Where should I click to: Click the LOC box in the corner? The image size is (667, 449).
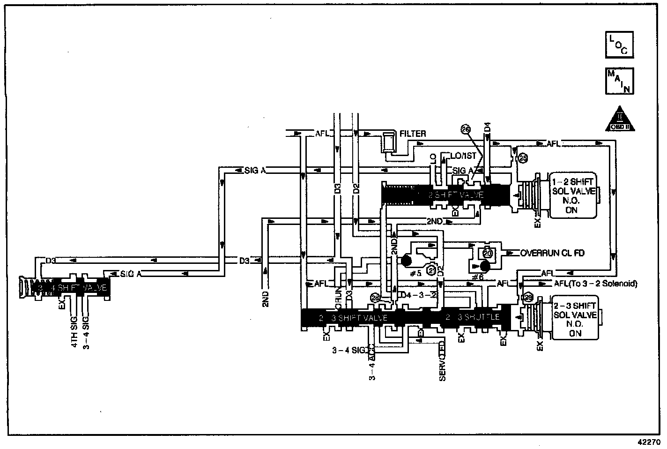pyautogui.click(x=619, y=45)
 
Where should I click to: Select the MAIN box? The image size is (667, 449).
pyautogui.click(x=619, y=82)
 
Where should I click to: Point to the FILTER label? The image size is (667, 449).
pyautogui.click(x=413, y=134)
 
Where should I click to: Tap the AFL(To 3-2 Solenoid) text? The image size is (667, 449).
pyautogui.click(x=595, y=284)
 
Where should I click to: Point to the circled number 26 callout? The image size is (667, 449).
pyautogui.click(x=465, y=130)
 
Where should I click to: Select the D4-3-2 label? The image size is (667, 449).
pyautogui.click(x=420, y=295)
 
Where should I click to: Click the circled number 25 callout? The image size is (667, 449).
pyautogui.click(x=523, y=159)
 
